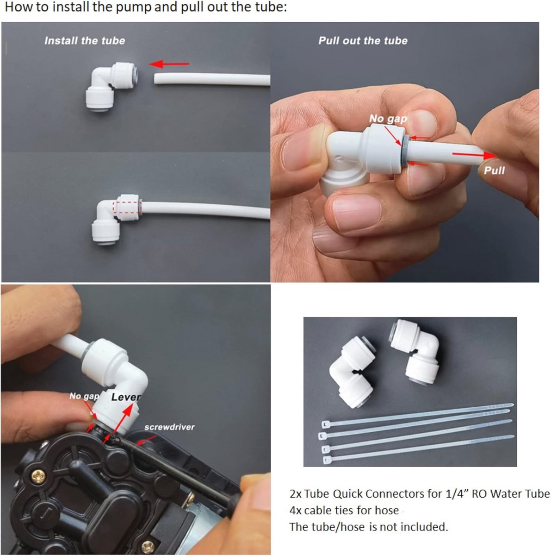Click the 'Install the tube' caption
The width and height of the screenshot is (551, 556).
coord(85,41)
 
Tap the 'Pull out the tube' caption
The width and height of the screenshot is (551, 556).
coord(363,41)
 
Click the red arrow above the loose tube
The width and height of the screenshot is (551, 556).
coord(169,64)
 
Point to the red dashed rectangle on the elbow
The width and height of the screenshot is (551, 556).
coord(127,207)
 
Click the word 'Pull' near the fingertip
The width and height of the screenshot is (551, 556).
coord(494,170)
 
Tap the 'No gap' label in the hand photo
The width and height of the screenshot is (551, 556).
coord(388,118)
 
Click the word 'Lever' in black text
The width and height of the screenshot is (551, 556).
coord(126,397)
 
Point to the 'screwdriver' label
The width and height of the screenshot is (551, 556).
coord(169,427)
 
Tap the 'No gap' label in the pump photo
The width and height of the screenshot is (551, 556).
coord(84,396)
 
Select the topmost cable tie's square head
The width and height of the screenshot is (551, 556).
coord(325,424)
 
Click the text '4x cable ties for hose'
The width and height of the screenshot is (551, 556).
coord(344,510)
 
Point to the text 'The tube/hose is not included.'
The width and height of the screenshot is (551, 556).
coord(369,527)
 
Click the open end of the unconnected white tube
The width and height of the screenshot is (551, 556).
coord(155,78)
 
